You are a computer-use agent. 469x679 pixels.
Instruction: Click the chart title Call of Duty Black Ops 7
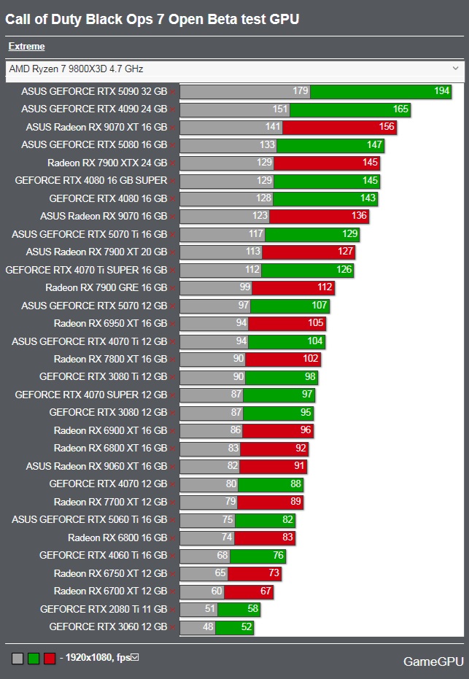152,20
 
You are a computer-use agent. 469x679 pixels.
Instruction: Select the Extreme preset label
26,47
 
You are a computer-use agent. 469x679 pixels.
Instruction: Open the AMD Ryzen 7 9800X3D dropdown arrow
456,69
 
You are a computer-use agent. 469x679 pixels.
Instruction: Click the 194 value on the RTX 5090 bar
441,91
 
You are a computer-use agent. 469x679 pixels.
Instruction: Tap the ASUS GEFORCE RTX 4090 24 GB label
94,109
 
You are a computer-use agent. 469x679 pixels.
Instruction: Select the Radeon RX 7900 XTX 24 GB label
107,163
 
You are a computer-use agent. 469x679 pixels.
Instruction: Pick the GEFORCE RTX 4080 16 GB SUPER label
91,180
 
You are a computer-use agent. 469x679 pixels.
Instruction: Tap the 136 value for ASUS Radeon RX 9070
360,217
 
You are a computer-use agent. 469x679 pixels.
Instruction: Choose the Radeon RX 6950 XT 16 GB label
110,323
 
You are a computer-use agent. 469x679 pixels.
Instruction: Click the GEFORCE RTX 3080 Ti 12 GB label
103,377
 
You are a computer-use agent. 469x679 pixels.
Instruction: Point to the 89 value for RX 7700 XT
295,502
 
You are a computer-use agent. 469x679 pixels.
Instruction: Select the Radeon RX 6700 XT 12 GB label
110,591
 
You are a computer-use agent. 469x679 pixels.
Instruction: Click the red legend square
49,659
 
